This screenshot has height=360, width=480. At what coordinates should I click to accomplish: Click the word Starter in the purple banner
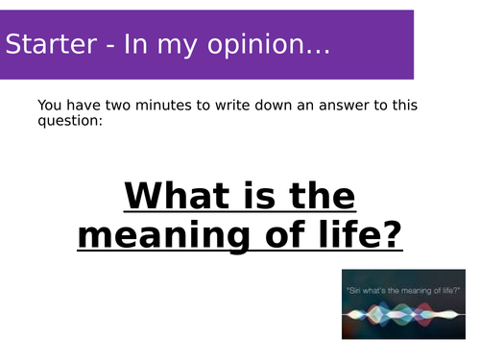point(51,44)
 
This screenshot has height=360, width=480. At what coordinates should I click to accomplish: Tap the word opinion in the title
point(255,46)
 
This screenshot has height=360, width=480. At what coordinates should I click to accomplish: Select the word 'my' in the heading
point(177,48)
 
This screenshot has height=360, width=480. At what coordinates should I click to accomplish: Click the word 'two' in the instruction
point(118,106)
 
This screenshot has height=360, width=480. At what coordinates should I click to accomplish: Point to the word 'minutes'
point(163,106)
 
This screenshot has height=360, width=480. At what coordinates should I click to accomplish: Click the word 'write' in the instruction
point(232,106)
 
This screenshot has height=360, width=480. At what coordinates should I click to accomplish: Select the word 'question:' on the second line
point(70,121)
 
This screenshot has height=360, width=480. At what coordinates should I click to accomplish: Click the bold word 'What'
point(177,196)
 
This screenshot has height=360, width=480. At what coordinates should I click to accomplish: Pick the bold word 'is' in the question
point(259,196)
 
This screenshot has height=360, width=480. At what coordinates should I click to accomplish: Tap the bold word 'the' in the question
point(323,196)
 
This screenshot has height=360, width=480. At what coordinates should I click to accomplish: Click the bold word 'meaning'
point(164,237)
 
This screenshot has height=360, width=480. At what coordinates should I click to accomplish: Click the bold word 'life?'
point(361,234)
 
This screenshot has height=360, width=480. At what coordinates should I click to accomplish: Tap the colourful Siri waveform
point(403,315)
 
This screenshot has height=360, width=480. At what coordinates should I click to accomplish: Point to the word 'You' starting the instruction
point(50,106)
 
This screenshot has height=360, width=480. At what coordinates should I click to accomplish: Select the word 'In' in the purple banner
point(135,44)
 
